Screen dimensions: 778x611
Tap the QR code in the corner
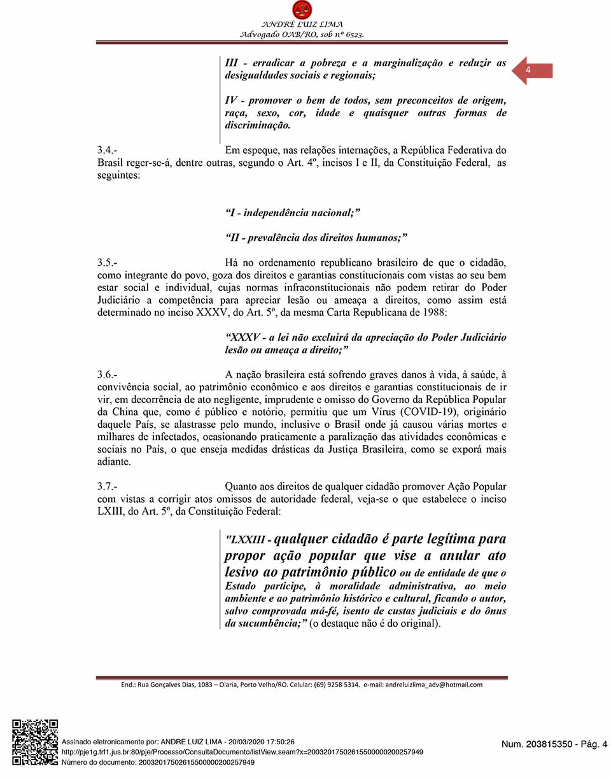click(35, 742)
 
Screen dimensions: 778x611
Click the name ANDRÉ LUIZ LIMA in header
click(302, 25)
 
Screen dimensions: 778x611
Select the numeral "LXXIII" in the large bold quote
click(249, 540)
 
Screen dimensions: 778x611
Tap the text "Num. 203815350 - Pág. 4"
click(554, 744)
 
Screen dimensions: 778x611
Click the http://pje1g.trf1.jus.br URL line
click(242, 752)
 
